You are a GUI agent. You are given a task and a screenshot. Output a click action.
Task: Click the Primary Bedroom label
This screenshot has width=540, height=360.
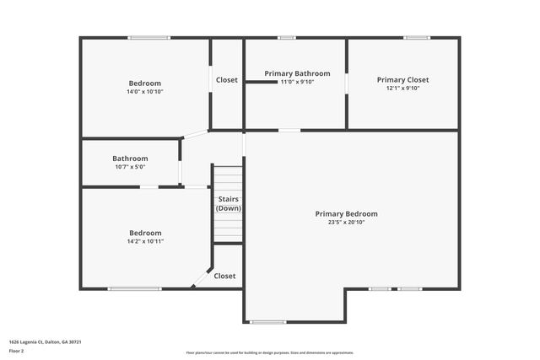346,214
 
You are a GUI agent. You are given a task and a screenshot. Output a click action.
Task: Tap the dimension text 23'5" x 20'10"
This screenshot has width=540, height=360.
346,223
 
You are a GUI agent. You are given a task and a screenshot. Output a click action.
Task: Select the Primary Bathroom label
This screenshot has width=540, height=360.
297,73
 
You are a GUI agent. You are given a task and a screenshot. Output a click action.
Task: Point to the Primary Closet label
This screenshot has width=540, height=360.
402,79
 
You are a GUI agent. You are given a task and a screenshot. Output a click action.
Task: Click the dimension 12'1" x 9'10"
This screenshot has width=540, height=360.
402,88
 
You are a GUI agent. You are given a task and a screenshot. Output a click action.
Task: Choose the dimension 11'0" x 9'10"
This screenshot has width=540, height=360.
297,82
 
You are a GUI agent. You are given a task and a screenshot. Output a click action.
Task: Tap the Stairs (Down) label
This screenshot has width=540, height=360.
228,203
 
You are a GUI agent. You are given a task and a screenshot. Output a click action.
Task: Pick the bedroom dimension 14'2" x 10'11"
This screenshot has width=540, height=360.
145,241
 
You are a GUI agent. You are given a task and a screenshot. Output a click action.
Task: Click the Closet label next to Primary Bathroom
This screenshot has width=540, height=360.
227,80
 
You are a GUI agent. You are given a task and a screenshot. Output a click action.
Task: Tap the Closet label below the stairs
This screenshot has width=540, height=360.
224,276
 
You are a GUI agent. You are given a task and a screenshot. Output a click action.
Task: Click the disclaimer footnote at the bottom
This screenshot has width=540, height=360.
270,352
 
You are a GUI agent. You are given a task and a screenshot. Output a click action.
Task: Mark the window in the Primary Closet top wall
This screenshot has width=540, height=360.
417,37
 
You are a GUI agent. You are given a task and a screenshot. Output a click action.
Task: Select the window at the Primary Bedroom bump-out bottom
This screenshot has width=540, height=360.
267,321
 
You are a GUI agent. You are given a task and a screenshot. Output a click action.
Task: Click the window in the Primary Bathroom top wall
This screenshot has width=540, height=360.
287,37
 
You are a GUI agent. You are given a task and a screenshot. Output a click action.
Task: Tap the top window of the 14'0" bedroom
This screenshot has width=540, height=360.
148,37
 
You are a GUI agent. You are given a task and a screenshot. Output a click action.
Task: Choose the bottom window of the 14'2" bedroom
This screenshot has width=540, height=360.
134,289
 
